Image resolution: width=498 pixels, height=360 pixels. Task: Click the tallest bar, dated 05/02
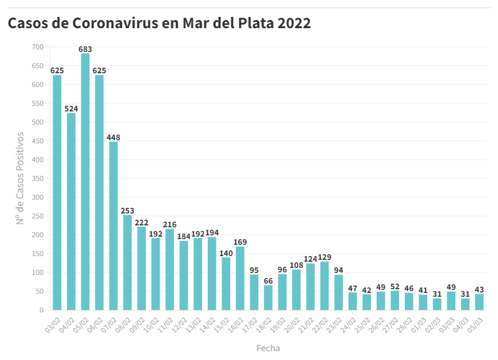[85, 182]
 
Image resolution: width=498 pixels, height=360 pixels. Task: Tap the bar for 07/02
[113, 225]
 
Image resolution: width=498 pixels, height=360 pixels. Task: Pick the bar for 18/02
[268, 297]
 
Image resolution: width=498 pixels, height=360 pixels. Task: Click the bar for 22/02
[325, 285]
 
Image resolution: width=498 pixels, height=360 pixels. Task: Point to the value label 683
[85, 49]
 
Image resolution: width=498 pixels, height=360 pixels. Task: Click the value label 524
[71, 108]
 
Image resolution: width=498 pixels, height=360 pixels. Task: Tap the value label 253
[128, 211]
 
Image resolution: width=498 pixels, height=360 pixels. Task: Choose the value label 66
[268, 281]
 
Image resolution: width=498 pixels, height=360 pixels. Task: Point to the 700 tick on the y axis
[38, 47]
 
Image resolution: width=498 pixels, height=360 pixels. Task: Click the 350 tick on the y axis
[38, 178]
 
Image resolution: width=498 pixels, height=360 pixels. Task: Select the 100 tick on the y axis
[38, 272]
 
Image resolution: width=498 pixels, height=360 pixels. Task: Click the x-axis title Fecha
[268, 348]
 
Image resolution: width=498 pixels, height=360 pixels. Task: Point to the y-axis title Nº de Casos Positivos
[20, 178]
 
